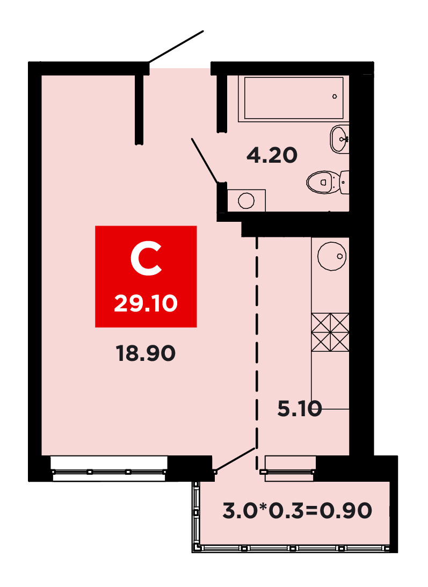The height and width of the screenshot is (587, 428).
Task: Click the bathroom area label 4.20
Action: [x=272, y=155]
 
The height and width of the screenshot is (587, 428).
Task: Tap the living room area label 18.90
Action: [x=146, y=353]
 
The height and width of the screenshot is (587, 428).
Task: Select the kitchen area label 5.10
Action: [x=300, y=408]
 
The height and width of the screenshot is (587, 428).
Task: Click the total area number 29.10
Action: [x=146, y=303]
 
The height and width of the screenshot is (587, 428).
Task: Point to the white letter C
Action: [x=146, y=258]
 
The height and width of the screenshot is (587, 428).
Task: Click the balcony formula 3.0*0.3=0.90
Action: [x=298, y=511]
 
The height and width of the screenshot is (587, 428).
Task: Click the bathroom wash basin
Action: [x=339, y=139]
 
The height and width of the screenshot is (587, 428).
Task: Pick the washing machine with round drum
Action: [x=246, y=201]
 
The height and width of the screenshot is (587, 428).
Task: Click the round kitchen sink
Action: [x=332, y=256]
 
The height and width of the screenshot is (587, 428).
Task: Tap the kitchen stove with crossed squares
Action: [x=330, y=332]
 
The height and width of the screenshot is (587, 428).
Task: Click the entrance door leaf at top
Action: [x=176, y=46]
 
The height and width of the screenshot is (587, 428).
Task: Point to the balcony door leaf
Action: [x=235, y=459]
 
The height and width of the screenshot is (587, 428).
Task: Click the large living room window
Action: [x=109, y=468]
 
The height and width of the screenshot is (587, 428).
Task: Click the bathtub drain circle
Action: [x=335, y=97]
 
